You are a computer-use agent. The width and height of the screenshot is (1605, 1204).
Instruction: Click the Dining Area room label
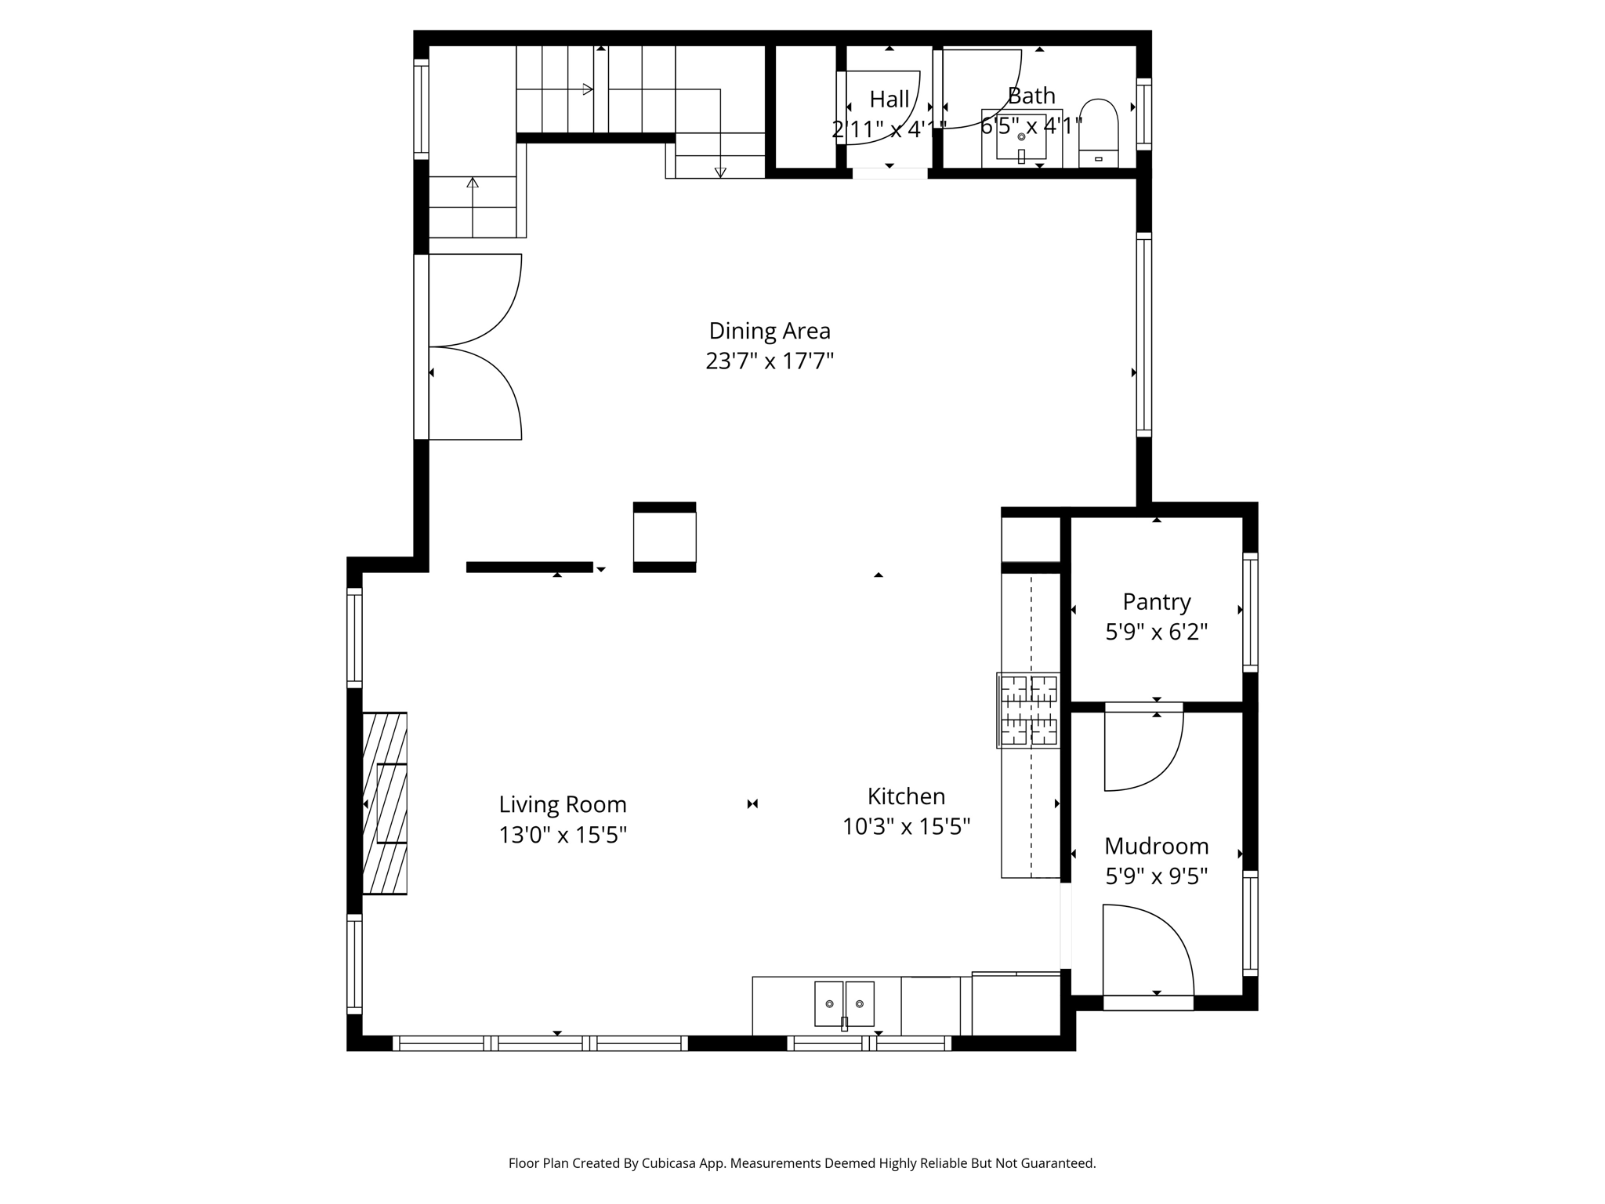769,331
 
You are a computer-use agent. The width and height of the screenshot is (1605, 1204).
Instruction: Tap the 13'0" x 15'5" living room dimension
563,836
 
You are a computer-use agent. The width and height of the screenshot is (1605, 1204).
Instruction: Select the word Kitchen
906,796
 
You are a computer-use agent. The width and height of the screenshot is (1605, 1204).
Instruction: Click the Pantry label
1156,602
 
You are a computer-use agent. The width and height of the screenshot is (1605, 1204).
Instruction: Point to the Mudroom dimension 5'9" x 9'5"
1156,876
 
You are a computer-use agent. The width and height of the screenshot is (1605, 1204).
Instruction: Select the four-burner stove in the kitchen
1028,710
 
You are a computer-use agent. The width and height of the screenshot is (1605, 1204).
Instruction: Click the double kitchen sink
844,1004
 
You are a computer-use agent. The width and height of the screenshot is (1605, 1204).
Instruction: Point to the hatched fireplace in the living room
385,803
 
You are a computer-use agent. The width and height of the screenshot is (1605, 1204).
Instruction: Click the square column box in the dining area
665,537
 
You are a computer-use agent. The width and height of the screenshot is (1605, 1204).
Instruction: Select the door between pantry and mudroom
1143,749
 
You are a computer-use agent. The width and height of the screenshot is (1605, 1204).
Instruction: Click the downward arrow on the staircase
720,172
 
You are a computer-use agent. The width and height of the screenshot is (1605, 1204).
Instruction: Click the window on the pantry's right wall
1250,611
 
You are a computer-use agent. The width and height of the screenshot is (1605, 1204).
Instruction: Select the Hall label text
889,100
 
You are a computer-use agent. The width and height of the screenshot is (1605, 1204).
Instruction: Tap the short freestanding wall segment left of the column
529,568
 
